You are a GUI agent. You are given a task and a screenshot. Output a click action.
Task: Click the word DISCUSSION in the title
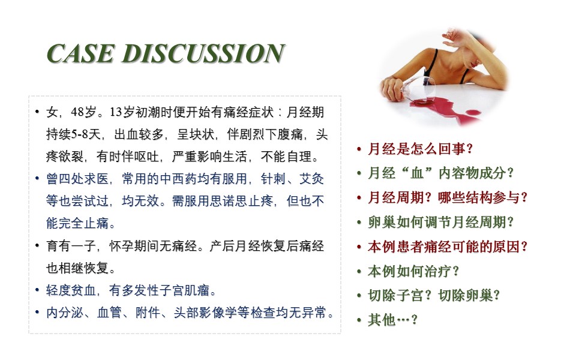(x=203, y=53)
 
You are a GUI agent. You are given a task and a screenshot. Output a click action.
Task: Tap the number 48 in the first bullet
(x=77, y=112)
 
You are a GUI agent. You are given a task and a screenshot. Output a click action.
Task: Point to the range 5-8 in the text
(x=80, y=134)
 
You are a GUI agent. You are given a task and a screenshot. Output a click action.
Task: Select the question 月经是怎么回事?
(x=420, y=149)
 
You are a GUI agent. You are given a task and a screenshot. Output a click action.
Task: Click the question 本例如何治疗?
(x=413, y=271)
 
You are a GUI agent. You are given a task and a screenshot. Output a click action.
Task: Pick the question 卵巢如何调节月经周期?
(x=441, y=222)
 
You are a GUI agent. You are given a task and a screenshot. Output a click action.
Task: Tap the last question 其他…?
(x=392, y=320)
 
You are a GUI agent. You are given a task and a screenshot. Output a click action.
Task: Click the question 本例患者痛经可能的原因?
(x=448, y=247)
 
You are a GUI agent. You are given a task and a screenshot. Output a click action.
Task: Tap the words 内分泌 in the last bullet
(x=65, y=313)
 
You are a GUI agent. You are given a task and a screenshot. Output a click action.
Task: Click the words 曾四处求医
(x=77, y=179)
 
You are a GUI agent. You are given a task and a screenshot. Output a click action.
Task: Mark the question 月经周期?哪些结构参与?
(x=448, y=197)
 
